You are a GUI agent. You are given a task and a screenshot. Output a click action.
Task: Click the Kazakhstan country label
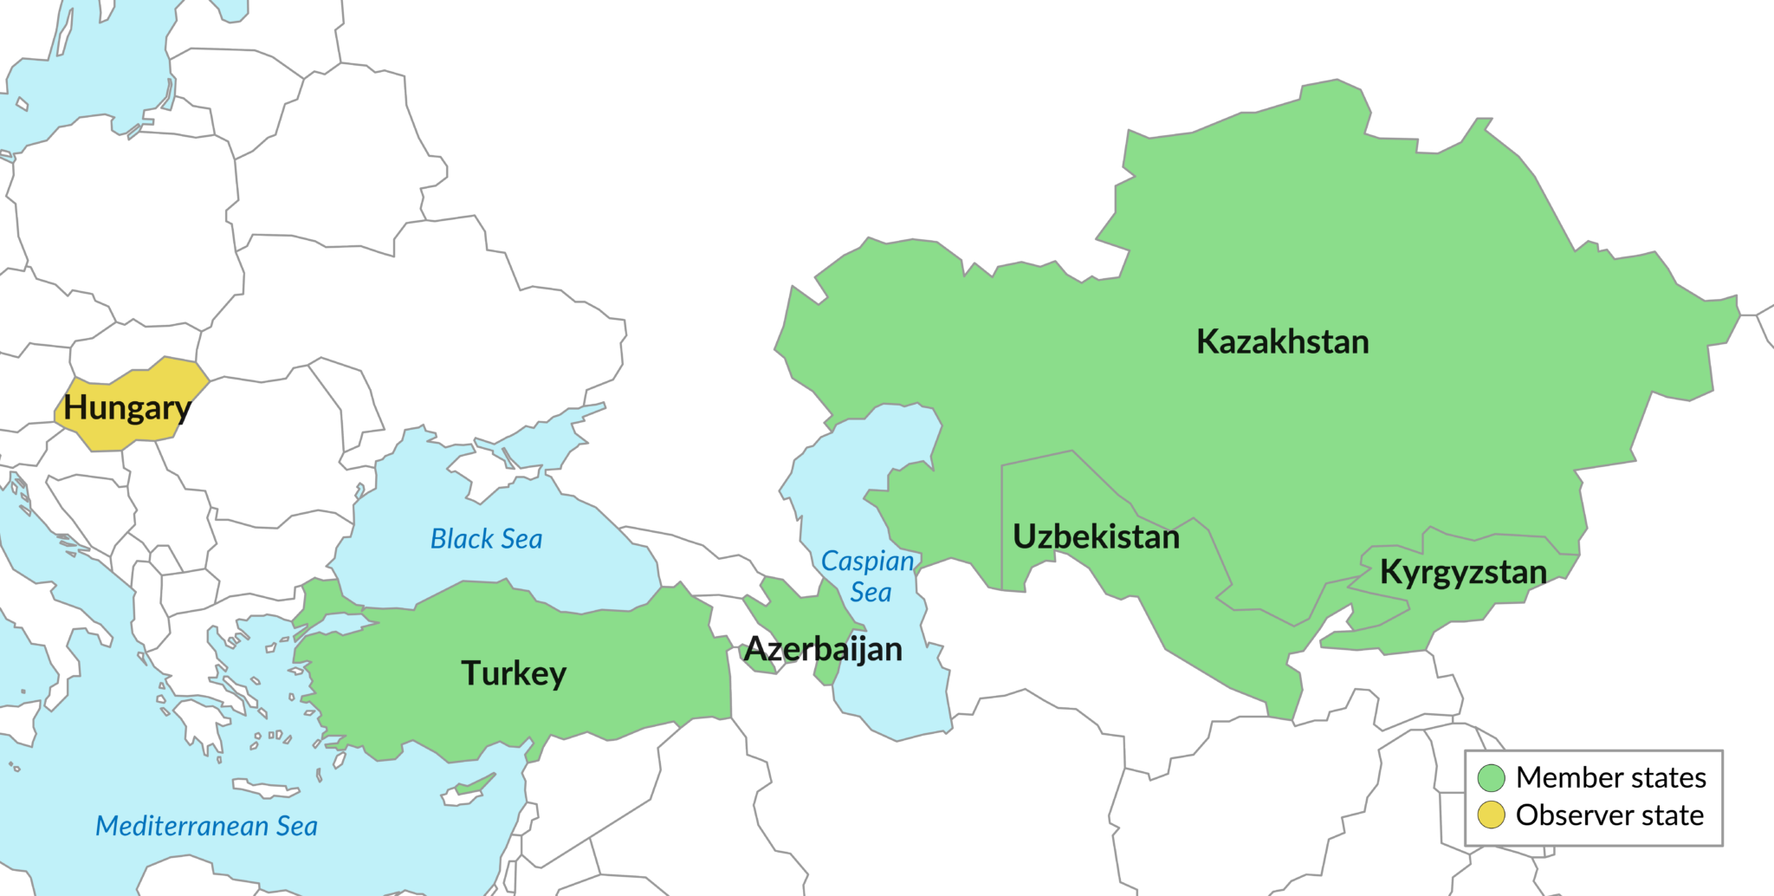[x=1282, y=341]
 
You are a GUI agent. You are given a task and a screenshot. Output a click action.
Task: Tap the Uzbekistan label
[x=1096, y=536]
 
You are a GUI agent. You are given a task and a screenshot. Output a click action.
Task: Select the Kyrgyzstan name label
[x=1463, y=572]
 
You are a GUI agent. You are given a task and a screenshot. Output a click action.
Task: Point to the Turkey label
[x=514, y=673]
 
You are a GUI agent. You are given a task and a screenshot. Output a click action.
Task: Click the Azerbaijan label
[x=823, y=649]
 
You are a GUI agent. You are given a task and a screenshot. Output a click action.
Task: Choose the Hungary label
[x=126, y=408]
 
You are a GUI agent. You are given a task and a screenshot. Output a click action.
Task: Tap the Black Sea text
[x=486, y=539]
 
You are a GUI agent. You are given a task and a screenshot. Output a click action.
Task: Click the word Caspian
[x=867, y=562]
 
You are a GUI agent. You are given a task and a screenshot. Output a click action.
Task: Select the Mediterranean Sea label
[x=206, y=826]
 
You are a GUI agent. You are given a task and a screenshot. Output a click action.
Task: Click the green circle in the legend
[x=1492, y=778]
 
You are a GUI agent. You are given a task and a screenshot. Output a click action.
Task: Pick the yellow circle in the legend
[x=1492, y=815]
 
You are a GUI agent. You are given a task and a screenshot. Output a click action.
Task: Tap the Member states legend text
[x=1610, y=778]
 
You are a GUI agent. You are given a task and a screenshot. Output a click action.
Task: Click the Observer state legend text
[x=1609, y=815]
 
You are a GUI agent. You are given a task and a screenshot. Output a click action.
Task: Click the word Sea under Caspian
[x=871, y=593]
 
